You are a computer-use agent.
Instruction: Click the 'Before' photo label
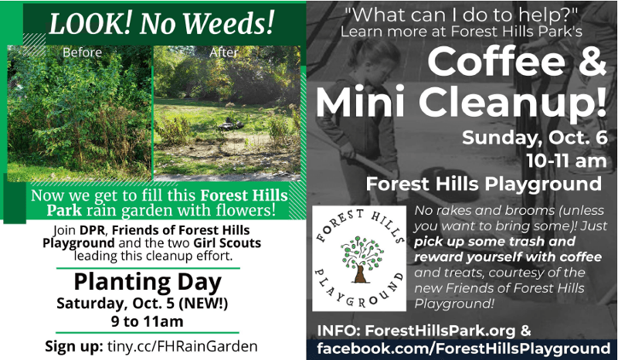(x=82, y=53)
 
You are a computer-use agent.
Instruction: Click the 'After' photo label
(x=223, y=53)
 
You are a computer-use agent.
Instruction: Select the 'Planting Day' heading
(x=148, y=282)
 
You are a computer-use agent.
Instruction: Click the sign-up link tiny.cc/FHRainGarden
(x=182, y=346)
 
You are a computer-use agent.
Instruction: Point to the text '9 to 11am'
(x=148, y=321)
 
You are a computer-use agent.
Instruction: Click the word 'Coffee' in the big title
(x=496, y=62)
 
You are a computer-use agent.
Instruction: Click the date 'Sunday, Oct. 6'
(x=535, y=138)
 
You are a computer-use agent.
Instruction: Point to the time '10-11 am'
(x=566, y=161)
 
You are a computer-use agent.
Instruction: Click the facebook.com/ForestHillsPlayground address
(x=463, y=348)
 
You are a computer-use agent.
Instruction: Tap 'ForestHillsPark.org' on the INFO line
(x=440, y=331)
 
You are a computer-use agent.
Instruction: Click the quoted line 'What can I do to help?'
(x=461, y=15)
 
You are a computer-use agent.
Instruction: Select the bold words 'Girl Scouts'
(x=227, y=243)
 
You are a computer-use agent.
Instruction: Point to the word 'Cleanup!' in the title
(x=512, y=102)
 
